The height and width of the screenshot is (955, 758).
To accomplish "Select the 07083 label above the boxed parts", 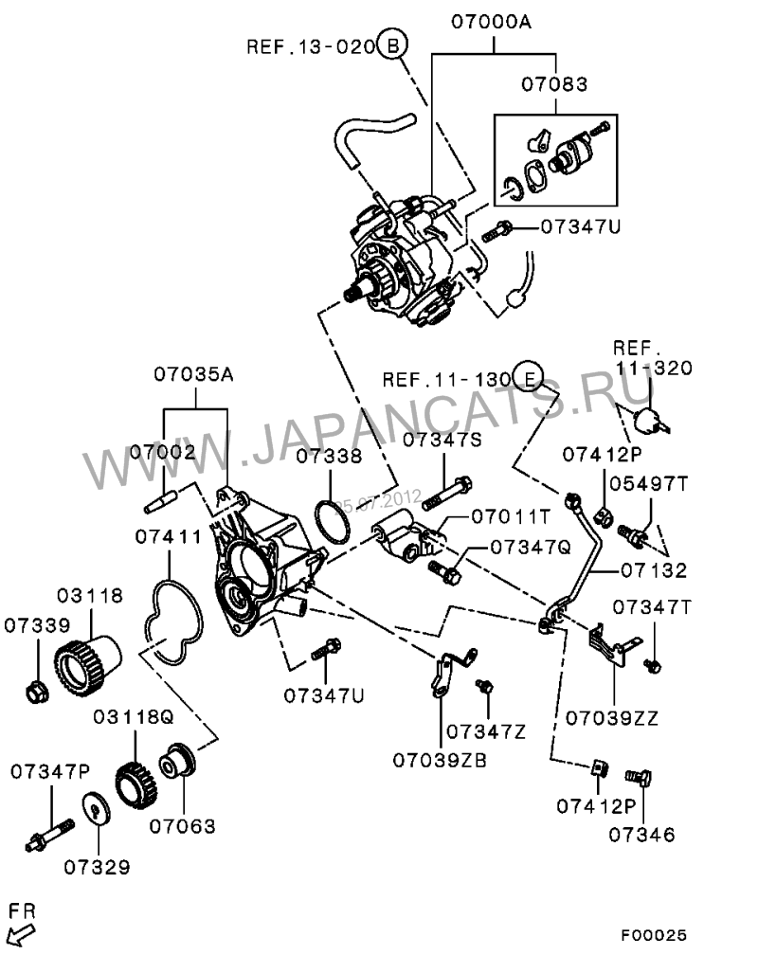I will (x=553, y=84).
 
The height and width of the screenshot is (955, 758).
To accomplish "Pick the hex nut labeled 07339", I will (x=35, y=693).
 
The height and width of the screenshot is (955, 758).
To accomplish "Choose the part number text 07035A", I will (x=194, y=373).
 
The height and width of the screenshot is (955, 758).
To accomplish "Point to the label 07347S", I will (x=442, y=439).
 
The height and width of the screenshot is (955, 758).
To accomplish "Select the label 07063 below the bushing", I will (x=183, y=826).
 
